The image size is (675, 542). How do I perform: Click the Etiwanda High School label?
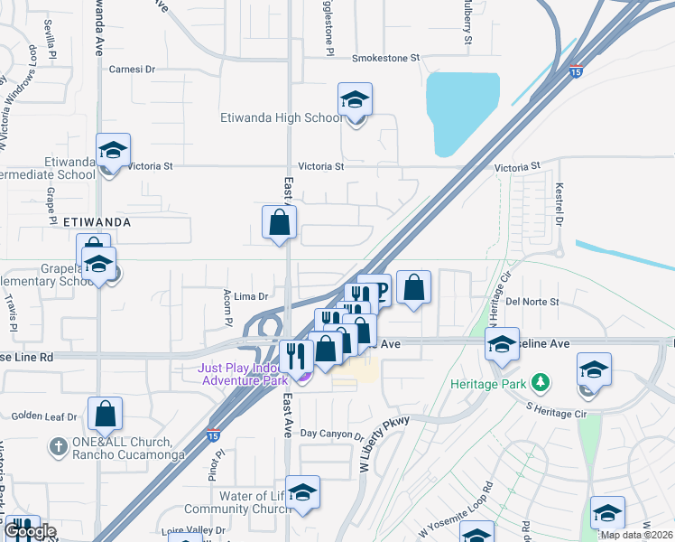pos(281,117)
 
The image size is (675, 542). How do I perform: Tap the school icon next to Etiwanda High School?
pos(355,99)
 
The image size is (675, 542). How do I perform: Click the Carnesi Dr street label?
pos(132,69)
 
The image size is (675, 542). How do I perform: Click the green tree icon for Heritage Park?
pos(541,382)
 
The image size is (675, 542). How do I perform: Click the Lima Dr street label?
pos(252,296)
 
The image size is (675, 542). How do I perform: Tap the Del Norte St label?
pos(532,301)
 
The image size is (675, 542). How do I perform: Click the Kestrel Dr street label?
pos(559,206)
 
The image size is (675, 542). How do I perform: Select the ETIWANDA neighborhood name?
pos(97,221)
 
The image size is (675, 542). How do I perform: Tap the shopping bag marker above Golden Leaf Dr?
pos(105,413)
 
